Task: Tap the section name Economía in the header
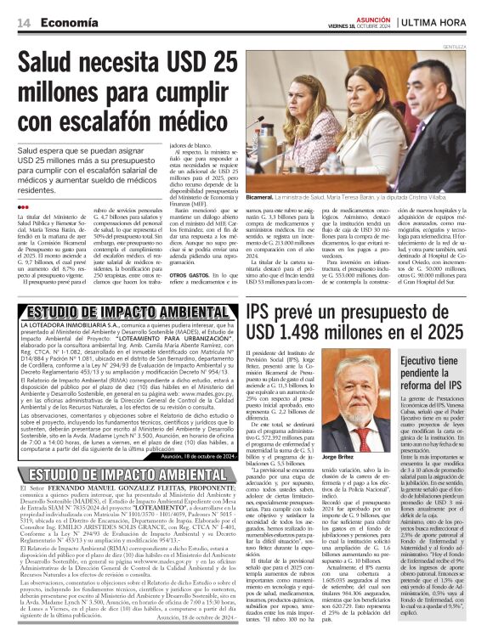(x=65, y=24)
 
